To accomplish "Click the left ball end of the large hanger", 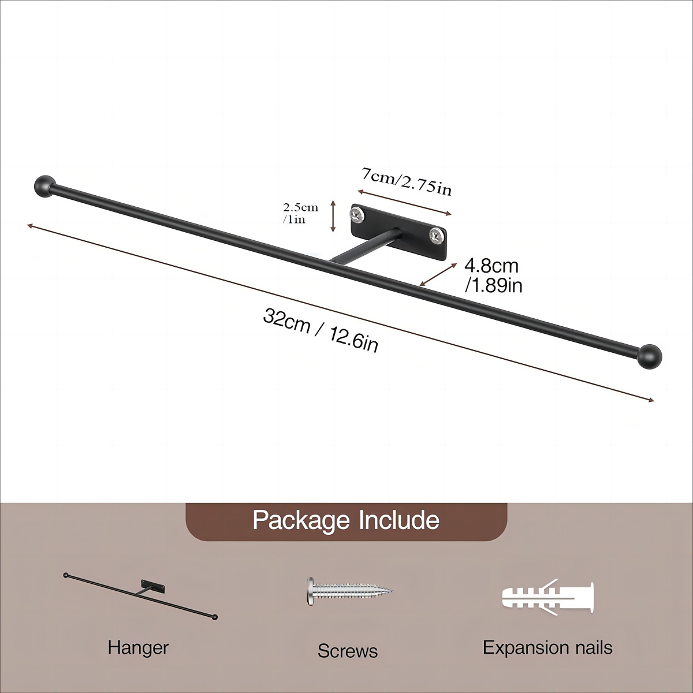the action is pyautogui.click(x=44, y=185).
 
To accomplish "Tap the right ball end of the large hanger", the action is pyautogui.click(x=651, y=356).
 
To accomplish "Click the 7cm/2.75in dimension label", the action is pyautogui.click(x=407, y=181).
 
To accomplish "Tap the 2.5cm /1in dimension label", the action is pyautogui.click(x=300, y=213).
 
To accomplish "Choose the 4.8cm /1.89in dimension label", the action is pyautogui.click(x=493, y=275).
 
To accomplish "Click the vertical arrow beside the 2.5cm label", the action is pyautogui.click(x=333, y=216).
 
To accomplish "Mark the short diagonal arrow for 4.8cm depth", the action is pyautogui.click(x=435, y=273).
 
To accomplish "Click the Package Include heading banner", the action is pyautogui.click(x=346, y=520).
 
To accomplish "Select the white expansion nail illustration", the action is pyautogui.click(x=547, y=597).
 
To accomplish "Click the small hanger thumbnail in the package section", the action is pyautogui.click(x=141, y=595).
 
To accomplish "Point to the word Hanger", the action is pyautogui.click(x=138, y=647).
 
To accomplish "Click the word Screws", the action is pyautogui.click(x=348, y=651).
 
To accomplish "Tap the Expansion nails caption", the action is pyautogui.click(x=547, y=647).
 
